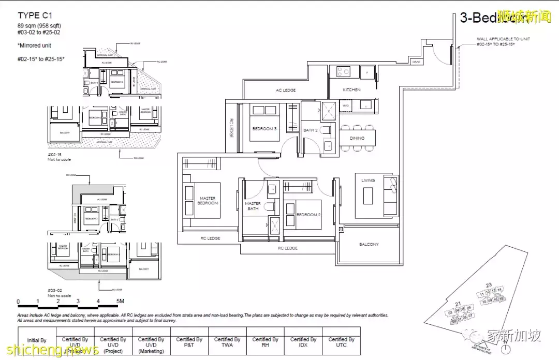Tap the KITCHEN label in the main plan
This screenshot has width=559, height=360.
[351, 90]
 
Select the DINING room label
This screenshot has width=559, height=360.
[357, 138]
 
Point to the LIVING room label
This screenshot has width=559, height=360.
[368, 181]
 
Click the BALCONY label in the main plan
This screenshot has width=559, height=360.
[369, 244]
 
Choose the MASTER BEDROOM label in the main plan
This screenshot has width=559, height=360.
[208, 201]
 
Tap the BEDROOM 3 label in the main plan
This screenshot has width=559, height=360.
[264, 129]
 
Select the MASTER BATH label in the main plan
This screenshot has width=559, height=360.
[253, 206]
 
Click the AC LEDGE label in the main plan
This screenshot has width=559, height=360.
[285, 91]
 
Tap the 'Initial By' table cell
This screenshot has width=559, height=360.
[36, 340]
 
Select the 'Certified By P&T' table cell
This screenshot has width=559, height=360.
[189, 342]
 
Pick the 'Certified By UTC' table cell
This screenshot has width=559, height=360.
[341, 342]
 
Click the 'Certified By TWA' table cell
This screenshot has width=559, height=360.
[227, 342]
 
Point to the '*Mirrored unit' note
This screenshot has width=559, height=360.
[35, 46]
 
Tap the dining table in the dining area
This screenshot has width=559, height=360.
[357, 139]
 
